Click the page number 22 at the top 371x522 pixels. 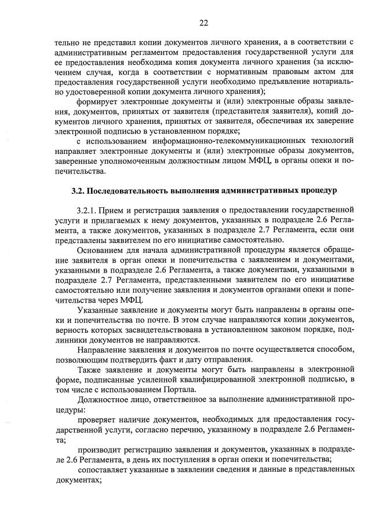[203, 23]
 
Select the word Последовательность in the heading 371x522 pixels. [129, 190]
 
